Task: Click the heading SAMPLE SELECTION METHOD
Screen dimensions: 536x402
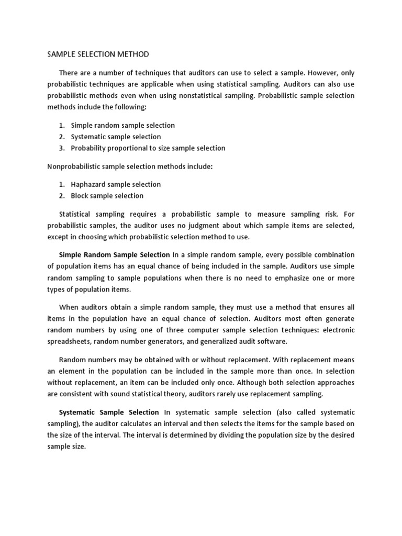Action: pos(98,54)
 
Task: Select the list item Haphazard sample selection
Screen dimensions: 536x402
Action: pos(116,184)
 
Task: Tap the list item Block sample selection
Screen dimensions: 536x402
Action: pos(107,196)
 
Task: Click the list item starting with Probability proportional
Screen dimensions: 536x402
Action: pos(148,148)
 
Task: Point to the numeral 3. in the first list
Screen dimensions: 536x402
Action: pos(61,148)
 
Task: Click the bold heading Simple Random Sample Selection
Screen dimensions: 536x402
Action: pos(115,255)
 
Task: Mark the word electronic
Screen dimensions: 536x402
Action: pos(339,330)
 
